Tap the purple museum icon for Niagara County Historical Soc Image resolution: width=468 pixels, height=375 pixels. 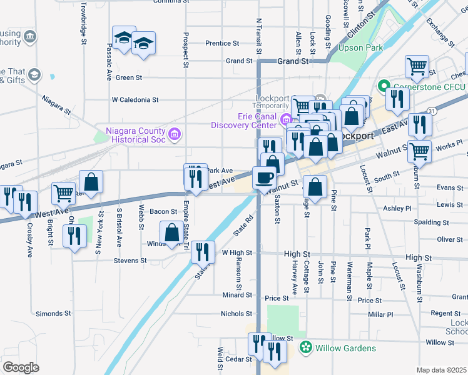(x=175, y=132)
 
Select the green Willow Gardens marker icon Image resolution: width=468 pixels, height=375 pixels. (x=306, y=347)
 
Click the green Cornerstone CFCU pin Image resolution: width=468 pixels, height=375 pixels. (x=384, y=85)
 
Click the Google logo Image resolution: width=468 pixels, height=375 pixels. (x=21, y=367)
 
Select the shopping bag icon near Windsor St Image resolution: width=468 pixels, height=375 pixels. (x=171, y=232)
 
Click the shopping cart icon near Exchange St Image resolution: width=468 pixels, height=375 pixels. (x=417, y=66)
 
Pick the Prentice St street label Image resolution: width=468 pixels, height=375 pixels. (x=223, y=44)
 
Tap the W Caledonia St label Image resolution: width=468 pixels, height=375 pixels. (x=135, y=99)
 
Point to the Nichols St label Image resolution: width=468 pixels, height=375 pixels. (x=236, y=314)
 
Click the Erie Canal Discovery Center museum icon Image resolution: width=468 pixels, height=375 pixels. (x=287, y=119)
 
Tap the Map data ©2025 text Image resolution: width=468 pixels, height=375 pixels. (x=441, y=370)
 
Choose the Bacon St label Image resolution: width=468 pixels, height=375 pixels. (x=163, y=212)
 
